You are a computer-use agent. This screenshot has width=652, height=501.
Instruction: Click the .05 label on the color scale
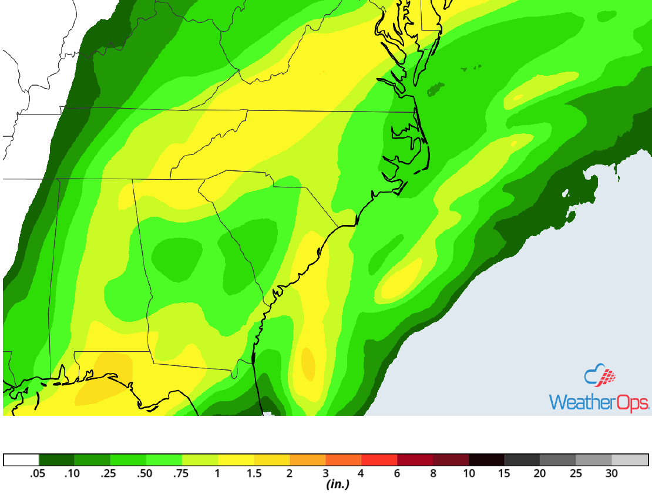(x=39, y=474)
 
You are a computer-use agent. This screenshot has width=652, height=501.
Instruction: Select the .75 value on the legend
(x=182, y=474)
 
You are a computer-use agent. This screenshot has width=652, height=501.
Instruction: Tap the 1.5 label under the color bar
(x=254, y=474)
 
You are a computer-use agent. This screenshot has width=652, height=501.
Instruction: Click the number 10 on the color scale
(x=469, y=474)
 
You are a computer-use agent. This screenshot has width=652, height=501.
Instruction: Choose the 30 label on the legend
(x=611, y=474)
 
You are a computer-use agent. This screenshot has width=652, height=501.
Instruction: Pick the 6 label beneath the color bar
(x=397, y=474)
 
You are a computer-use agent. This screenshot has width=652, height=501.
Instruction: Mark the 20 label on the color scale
(x=540, y=474)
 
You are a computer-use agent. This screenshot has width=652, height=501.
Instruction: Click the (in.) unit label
(x=338, y=485)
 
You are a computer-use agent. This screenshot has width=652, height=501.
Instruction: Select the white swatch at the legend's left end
(x=21, y=459)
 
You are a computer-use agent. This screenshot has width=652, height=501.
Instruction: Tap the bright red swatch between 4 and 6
(x=379, y=459)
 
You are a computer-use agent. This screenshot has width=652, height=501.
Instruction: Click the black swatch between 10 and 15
(x=486, y=459)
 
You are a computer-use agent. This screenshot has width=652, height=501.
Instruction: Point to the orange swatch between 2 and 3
(x=307, y=459)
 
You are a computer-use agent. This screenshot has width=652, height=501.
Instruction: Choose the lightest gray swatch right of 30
(x=630, y=459)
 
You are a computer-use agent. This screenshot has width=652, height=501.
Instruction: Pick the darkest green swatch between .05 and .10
(x=56, y=459)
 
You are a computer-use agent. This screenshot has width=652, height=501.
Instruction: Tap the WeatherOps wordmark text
(x=599, y=402)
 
